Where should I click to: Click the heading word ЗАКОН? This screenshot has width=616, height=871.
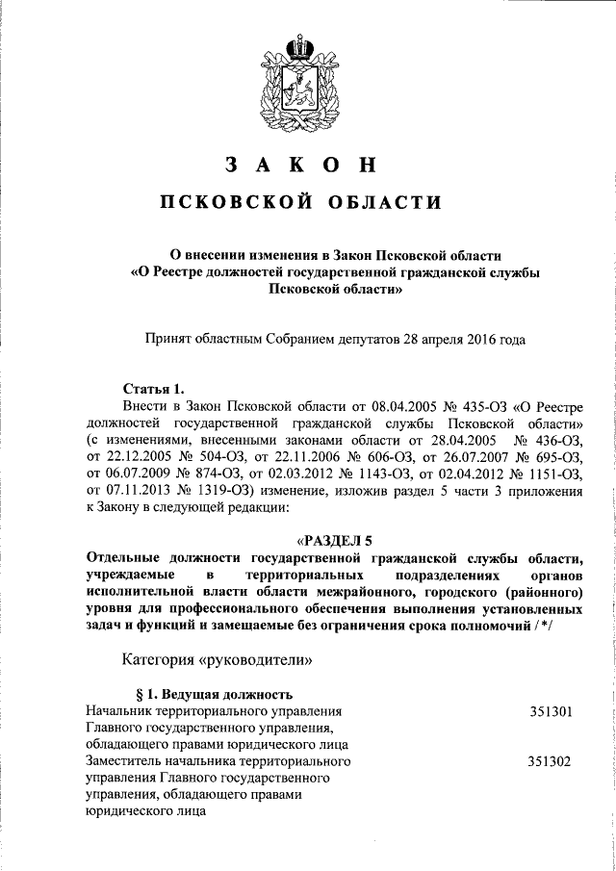click(300, 165)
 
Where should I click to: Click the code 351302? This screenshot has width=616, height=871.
click(551, 761)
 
